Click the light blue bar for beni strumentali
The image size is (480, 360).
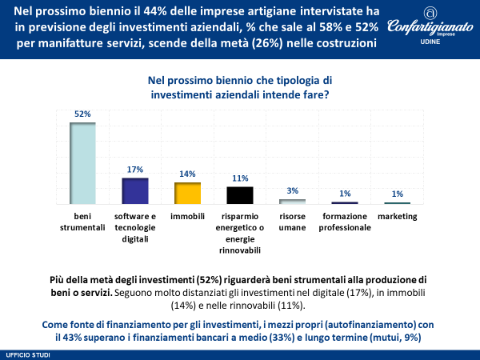(x=82, y=163)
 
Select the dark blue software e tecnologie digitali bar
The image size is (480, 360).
(x=134, y=190)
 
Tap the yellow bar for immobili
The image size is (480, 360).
(x=187, y=193)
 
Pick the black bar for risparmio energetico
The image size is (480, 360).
(x=239, y=195)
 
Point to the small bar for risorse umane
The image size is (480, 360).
(x=292, y=201)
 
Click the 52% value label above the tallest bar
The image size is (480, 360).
(x=82, y=114)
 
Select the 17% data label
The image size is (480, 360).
(x=134, y=170)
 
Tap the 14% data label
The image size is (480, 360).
(x=187, y=174)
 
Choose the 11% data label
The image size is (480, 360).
(x=239, y=178)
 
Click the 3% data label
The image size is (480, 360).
(x=292, y=190)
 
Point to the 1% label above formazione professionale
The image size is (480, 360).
(x=345, y=194)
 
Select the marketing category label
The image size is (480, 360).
(x=398, y=216)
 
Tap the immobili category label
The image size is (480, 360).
(x=187, y=216)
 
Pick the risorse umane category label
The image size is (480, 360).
(x=292, y=222)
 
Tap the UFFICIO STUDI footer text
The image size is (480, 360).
(x=24, y=353)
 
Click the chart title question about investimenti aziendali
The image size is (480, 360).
(x=239, y=87)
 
